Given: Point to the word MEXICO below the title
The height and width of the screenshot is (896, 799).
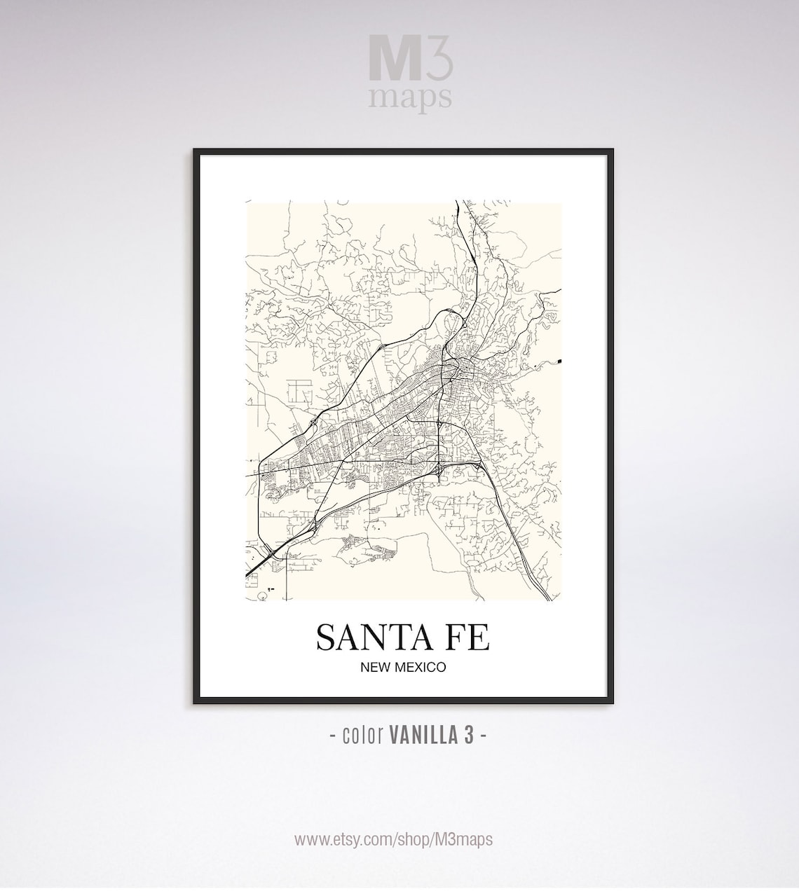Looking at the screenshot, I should point(420,667).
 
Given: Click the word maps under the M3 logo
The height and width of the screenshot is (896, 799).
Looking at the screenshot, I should point(410,97).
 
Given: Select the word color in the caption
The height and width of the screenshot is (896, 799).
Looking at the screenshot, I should point(362,735).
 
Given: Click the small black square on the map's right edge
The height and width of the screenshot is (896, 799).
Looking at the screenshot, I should point(561,361).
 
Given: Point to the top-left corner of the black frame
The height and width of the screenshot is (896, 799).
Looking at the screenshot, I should point(195,150).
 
